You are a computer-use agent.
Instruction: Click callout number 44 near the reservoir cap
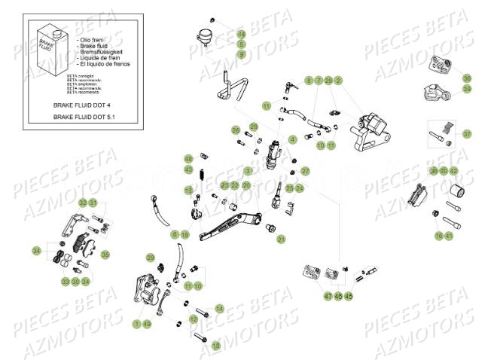click(241, 35)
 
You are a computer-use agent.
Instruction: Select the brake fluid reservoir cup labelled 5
click(205, 37)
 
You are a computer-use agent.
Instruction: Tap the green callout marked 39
click(467, 89)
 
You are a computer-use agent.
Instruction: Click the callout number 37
click(467, 134)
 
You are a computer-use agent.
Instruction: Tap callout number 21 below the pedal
click(281, 239)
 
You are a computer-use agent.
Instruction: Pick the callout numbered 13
click(217, 345)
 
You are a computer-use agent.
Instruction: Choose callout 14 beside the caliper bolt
click(219, 309)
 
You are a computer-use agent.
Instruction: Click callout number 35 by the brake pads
click(105, 255)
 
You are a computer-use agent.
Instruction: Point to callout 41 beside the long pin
click(449, 236)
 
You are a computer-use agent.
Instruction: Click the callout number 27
click(305, 171)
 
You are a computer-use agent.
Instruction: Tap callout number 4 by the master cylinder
click(293, 140)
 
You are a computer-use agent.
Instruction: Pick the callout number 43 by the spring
click(189, 169)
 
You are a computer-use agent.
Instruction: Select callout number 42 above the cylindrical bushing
click(453, 172)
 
